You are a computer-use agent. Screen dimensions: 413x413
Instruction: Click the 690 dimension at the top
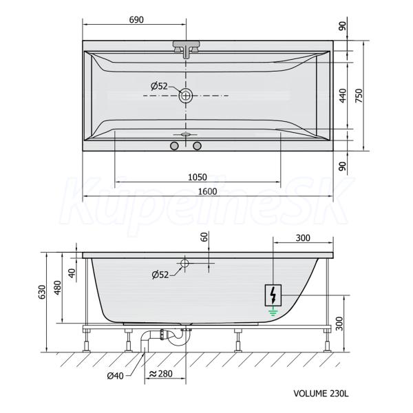point(136,20)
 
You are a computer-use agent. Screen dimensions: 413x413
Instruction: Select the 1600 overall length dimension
point(208,191)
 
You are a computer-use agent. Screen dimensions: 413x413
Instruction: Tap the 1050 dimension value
point(198,177)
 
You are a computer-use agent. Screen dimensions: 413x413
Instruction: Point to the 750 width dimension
point(359,96)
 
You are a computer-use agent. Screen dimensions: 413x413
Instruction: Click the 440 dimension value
point(343,96)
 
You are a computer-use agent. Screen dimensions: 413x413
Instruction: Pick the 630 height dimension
point(42,292)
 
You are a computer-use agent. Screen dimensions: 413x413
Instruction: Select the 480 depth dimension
point(57,288)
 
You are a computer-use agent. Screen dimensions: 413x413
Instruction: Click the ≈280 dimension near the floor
point(160,374)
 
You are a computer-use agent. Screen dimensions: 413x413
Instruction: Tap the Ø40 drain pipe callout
point(115,376)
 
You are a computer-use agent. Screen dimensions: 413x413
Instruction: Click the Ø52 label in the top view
point(159,86)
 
